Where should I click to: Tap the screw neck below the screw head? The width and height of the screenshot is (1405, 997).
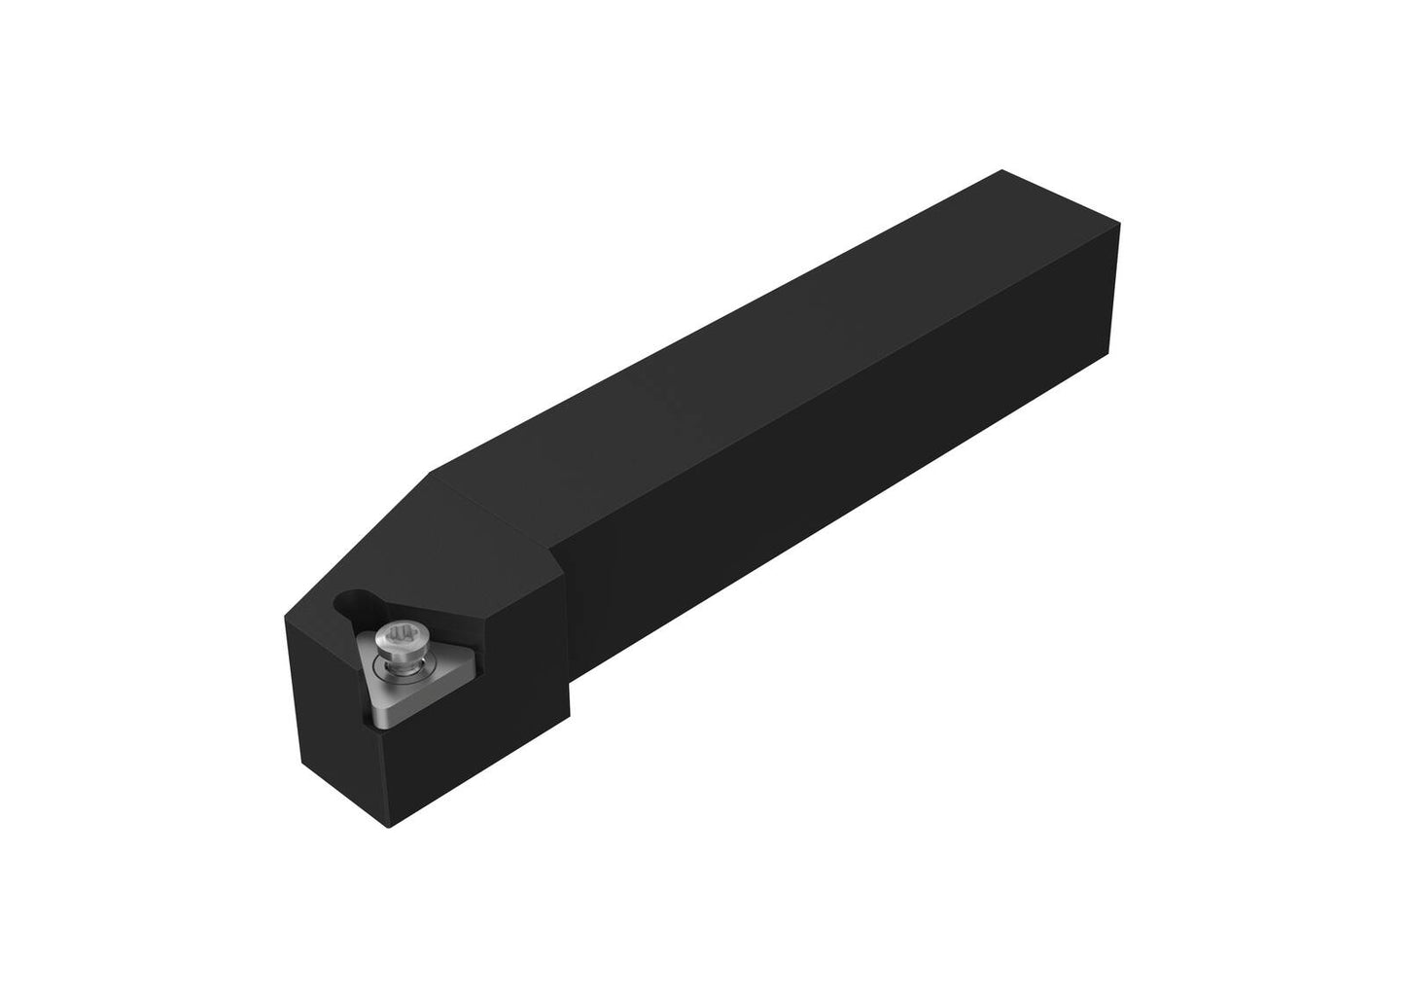click(x=401, y=660)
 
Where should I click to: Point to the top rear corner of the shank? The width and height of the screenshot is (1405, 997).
click(x=1001, y=171)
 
